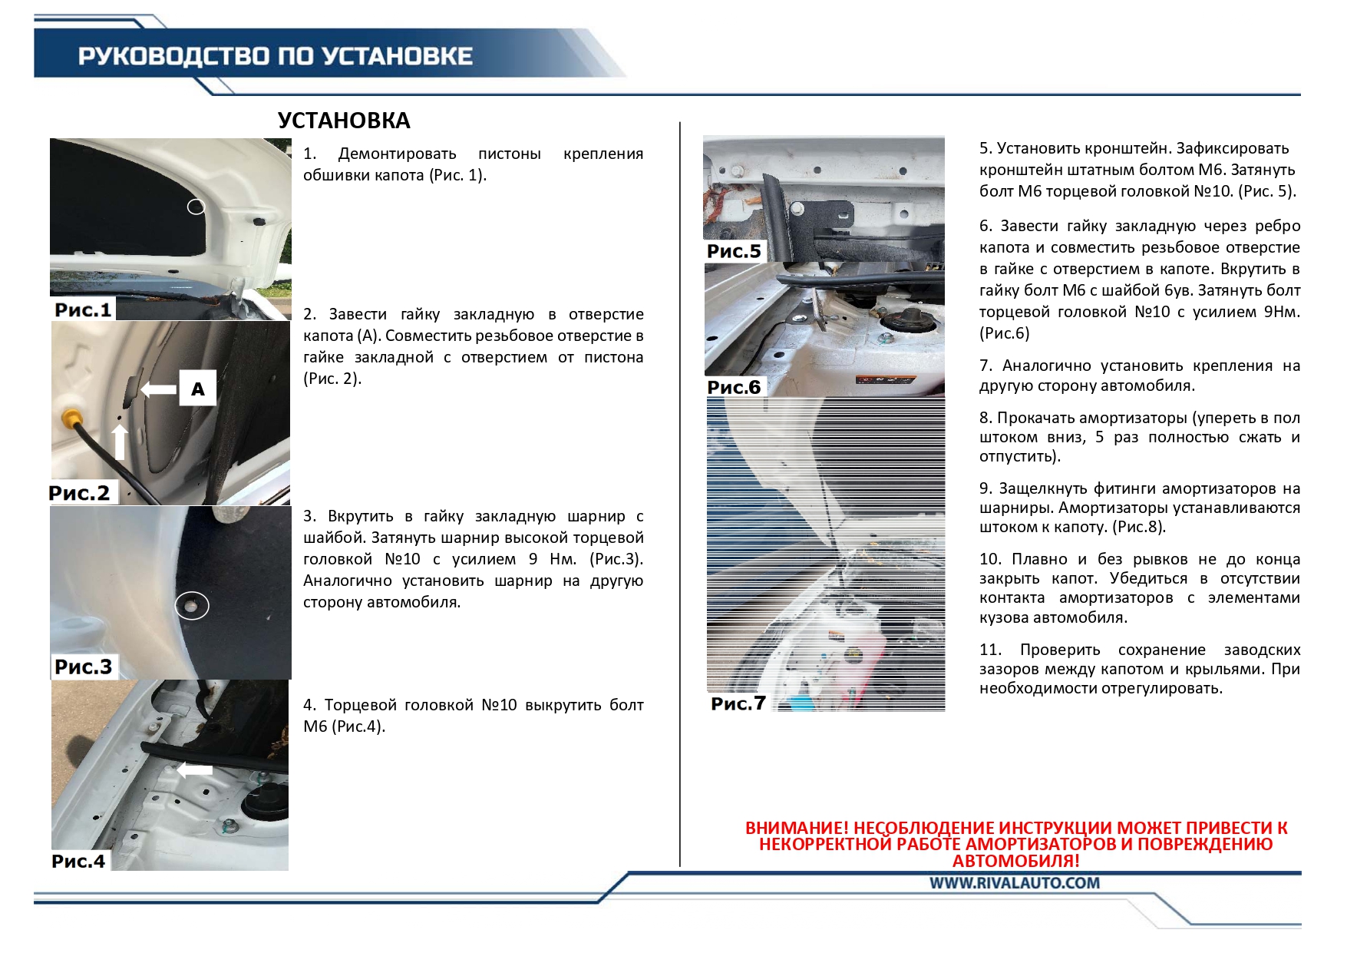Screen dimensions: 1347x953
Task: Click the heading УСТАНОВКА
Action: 344,121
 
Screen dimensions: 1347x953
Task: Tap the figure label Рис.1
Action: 83,309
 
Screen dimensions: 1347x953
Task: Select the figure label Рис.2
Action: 79,493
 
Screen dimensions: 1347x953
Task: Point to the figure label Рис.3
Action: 83,667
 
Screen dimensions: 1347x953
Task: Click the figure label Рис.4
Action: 78,861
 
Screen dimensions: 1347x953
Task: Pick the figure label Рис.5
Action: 734,251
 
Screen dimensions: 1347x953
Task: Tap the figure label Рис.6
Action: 734,387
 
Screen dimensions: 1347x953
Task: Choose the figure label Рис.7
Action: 738,703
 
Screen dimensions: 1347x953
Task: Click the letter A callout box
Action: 198,389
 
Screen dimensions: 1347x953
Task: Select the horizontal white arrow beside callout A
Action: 159,389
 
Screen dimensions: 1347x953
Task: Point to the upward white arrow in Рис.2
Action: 120,442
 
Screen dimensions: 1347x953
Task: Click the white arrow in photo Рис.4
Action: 195,769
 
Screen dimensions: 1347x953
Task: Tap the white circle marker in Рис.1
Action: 196,207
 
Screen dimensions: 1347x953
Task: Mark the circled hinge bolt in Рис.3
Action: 192,606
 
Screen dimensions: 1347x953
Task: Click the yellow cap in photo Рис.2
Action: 71,419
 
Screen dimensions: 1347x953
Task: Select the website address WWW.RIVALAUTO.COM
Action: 1015,883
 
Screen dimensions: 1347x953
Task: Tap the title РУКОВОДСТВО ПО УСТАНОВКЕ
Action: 275,56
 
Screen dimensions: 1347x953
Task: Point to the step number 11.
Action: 990,650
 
